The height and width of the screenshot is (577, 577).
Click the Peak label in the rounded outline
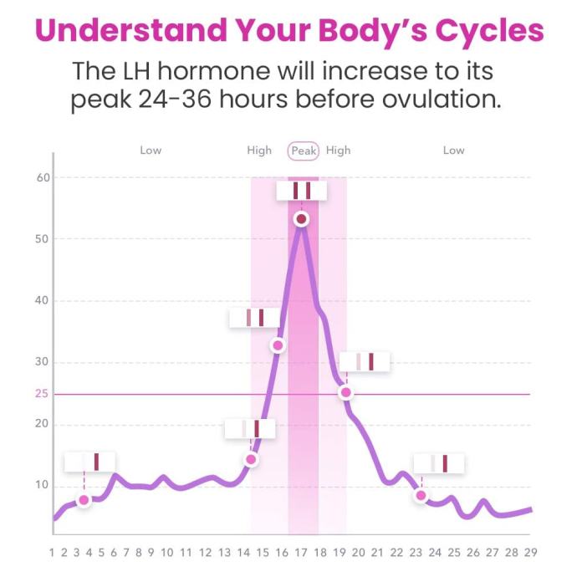(304, 151)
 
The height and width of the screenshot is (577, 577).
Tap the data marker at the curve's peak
(302, 218)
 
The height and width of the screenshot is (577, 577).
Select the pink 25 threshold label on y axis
(42, 394)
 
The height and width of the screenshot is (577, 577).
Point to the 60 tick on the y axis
(43, 177)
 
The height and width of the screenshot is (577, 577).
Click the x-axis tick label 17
(301, 552)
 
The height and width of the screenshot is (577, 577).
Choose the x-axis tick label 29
(530, 552)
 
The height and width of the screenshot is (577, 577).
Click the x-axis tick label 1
(52, 552)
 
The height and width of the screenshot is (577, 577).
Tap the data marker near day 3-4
(84, 500)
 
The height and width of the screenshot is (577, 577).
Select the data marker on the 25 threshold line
(345, 392)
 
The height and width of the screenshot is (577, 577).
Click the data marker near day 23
(421, 496)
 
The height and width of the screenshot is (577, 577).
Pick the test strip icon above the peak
(302, 191)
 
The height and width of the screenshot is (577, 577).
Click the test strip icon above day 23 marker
(438, 463)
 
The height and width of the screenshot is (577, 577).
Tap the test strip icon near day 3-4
(90, 462)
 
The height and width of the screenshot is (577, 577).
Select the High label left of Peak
(259, 151)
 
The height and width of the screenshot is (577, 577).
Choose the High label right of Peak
(339, 151)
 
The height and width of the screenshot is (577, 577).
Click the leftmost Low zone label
(151, 151)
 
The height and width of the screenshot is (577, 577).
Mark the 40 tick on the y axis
(43, 301)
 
